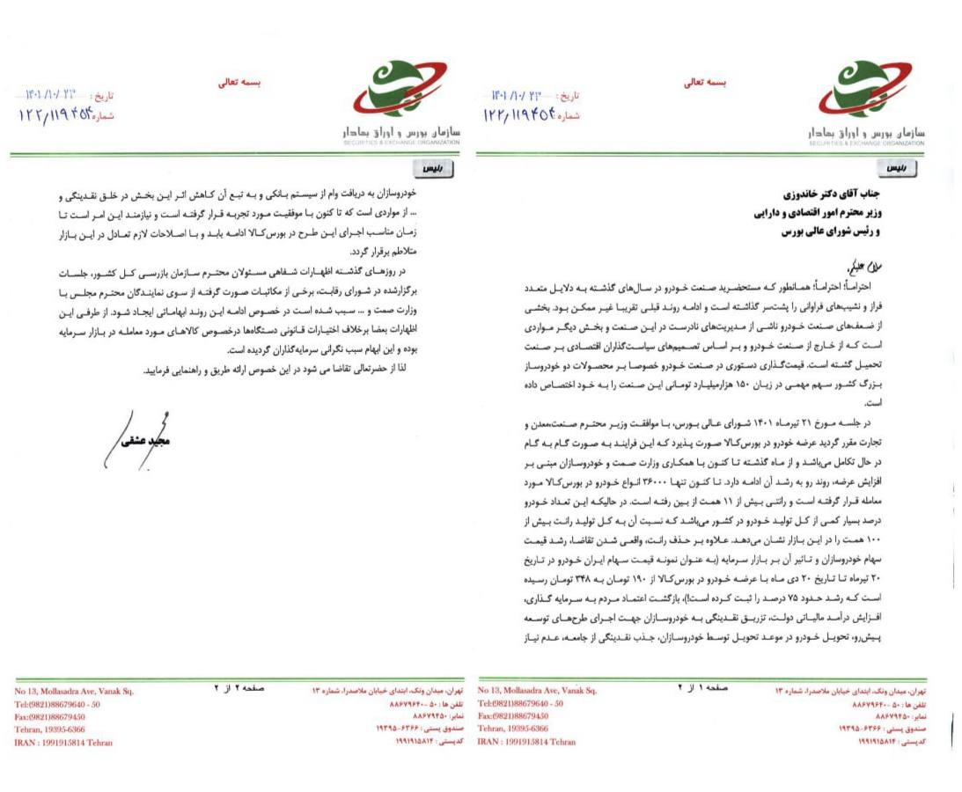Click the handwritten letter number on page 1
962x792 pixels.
[523, 114]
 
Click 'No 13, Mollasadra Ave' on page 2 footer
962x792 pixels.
[75, 692]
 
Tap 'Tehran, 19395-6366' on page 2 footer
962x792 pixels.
[51, 730]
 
